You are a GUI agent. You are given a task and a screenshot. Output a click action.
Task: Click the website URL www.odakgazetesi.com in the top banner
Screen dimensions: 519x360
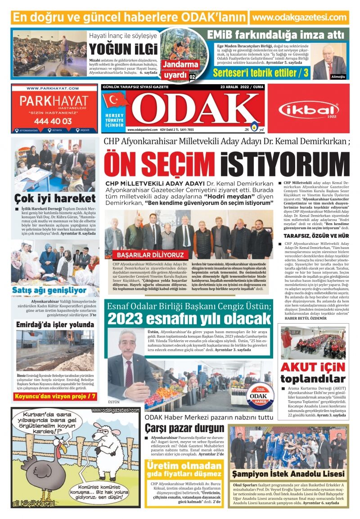pyautogui.click(x=299, y=18)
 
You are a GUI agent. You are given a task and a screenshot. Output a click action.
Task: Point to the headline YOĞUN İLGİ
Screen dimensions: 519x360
pyautogui.click(x=123, y=49)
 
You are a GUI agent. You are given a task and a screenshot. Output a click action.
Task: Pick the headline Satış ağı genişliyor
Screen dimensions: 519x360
pyautogui.click(x=49, y=290)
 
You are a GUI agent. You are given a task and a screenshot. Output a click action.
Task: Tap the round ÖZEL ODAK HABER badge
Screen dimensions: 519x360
pyautogui.click(x=258, y=396)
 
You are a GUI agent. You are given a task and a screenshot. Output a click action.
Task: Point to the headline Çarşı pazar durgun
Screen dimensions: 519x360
pyautogui.click(x=184, y=428)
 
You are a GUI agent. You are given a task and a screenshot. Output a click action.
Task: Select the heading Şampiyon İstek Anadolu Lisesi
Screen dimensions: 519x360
pyautogui.click(x=288, y=474)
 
